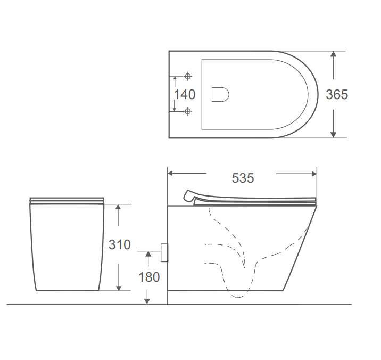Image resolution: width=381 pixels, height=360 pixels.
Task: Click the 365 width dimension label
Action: [337, 95]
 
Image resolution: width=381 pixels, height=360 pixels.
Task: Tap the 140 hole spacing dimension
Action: [185, 95]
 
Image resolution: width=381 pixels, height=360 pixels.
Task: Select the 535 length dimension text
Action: [243, 178]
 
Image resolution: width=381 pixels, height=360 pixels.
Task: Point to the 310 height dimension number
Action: [120, 244]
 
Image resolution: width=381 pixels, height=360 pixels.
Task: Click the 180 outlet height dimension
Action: [149, 277]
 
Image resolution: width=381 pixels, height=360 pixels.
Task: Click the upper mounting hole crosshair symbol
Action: [188, 76]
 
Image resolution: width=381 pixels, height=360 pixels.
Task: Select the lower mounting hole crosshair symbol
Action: [188, 111]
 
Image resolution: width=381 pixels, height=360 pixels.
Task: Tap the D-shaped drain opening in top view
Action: [220, 94]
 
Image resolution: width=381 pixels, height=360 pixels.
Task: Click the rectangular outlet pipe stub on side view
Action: [164, 253]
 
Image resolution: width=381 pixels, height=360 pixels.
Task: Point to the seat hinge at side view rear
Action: [189, 196]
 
